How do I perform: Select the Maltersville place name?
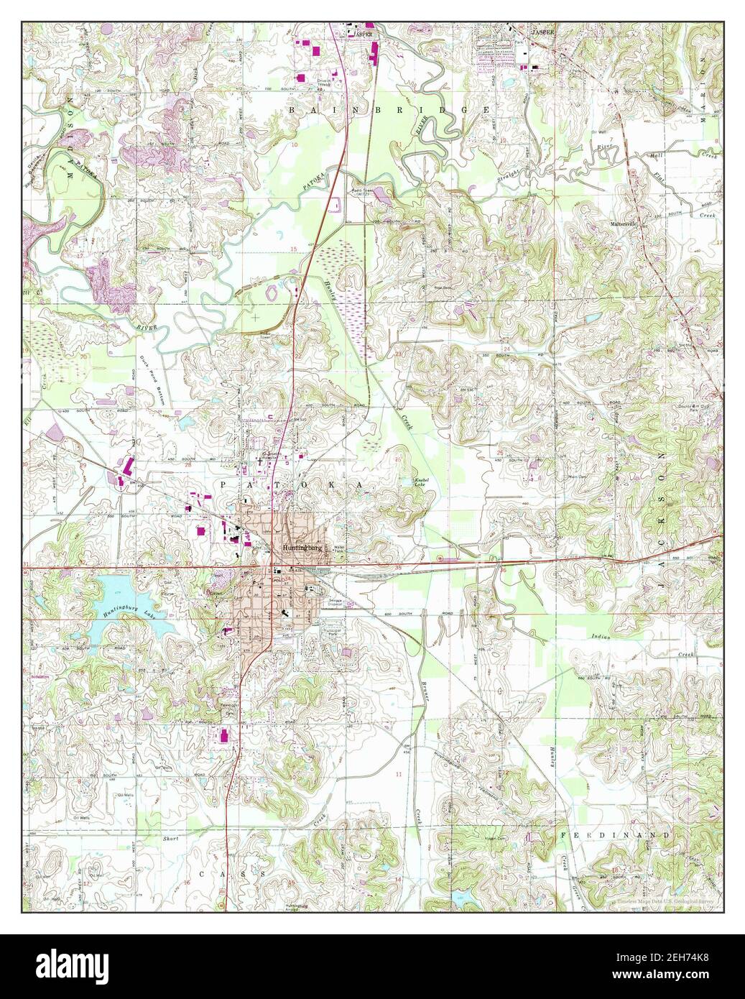tap(626, 223)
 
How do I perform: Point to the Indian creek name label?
tap(602, 637)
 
